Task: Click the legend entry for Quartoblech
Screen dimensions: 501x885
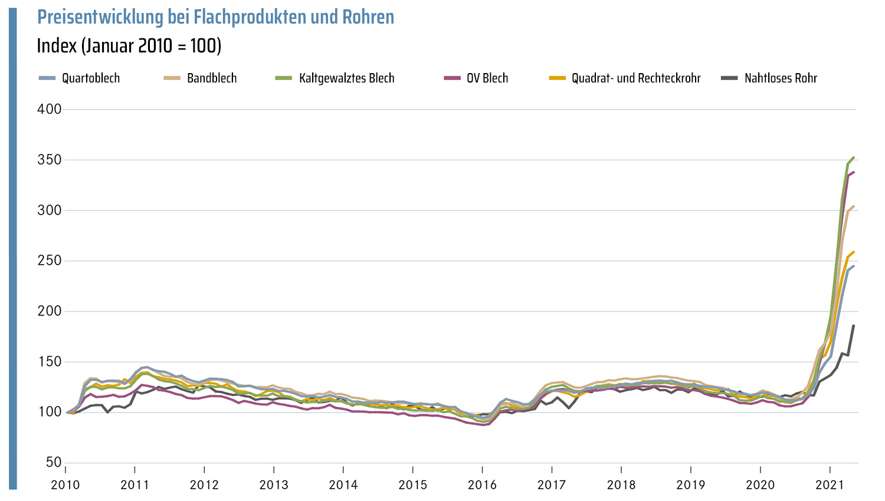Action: (x=90, y=78)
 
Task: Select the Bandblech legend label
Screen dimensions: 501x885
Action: (x=211, y=78)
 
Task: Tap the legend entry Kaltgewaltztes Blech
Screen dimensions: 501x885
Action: (x=346, y=78)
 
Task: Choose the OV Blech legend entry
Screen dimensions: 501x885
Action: (x=487, y=78)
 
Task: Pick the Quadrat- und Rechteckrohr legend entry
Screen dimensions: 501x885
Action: (x=635, y=78)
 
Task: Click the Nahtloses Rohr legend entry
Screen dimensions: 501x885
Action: (x=780, y=78)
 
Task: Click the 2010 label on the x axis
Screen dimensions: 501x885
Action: (x=65, y=485)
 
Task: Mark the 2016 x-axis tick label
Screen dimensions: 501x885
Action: (x=483, y=485)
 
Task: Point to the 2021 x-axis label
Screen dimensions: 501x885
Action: (x=830, y=485)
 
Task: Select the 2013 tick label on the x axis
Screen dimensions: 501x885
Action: (x=274, y=485)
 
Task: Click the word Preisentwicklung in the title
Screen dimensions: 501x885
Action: (x=101, y=17)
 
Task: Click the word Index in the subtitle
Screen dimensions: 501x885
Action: (x=57, y=45)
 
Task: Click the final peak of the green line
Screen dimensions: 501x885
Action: (x=853, y=157)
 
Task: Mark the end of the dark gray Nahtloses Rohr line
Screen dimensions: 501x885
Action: (x=853, y=325)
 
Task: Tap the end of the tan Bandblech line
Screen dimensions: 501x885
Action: (x=853, y=206)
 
